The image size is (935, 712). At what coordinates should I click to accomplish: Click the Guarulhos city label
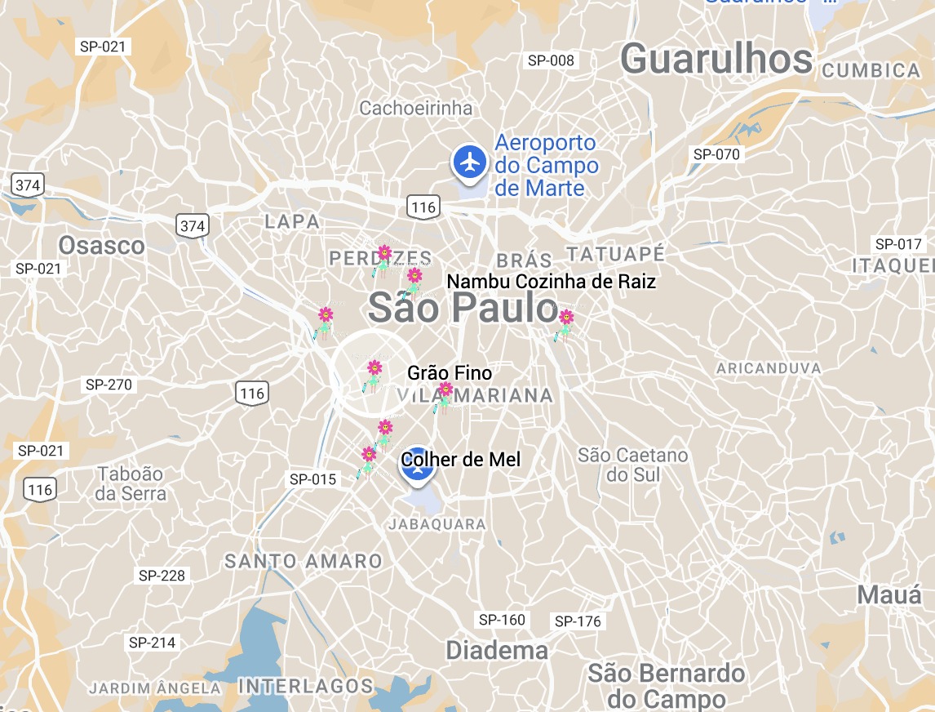tap(716, 60)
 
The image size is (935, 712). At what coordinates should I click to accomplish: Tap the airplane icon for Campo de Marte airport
tap(469, 162)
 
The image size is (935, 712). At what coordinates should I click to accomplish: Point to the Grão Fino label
tap(450, 373)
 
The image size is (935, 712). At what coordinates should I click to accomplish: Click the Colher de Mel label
tap(461, 460)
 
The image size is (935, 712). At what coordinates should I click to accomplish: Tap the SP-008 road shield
tap(551, 60)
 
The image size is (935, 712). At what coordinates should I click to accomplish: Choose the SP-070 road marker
tap(716, 154)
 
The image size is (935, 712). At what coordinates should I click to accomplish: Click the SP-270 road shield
tap(109, 385)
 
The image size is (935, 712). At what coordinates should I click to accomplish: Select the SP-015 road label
tap(312, 479)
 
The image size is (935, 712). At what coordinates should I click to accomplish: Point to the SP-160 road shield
tap(502, 620)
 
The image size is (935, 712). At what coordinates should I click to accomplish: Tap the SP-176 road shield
tap(578, 621)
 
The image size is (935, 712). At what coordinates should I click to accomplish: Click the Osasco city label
tap(101, 246)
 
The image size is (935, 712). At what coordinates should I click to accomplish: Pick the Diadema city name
tap(497, 651)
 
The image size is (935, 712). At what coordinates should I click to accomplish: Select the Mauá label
tap(889, 595)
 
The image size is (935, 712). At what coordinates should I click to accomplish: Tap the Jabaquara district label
tap(437, 524)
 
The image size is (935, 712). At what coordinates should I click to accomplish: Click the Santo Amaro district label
tap(304, 562)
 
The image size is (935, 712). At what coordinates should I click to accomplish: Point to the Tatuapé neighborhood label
tap(616, 253)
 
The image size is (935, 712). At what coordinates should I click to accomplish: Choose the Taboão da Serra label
tap(131, 483)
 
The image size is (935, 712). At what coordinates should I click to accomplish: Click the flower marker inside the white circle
tap(374, 374)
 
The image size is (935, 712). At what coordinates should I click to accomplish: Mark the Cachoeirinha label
tap(416, 108)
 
